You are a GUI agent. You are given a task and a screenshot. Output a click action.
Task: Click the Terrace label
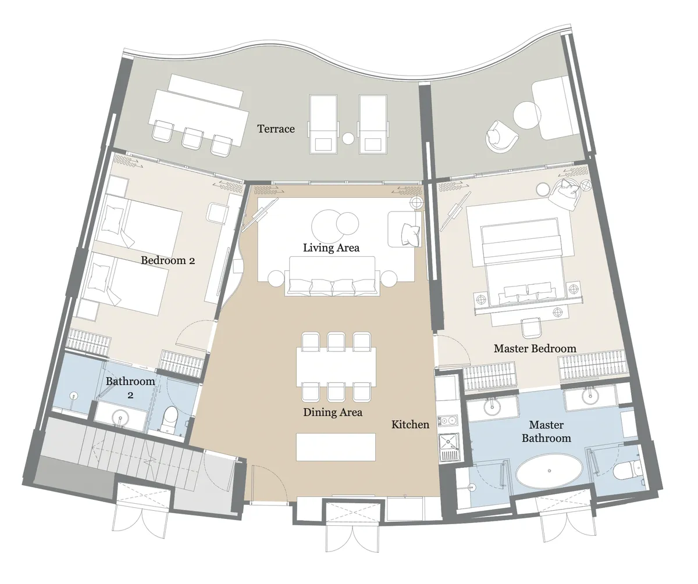(276, 128)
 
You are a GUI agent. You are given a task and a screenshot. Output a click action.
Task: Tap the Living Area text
(331, 248)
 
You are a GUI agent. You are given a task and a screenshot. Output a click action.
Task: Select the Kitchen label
(410, 425)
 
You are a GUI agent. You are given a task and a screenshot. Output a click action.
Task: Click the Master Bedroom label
(535, 349)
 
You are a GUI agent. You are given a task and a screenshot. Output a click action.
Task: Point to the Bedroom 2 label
(168, 260)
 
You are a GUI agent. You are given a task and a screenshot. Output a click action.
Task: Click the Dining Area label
(333, 412)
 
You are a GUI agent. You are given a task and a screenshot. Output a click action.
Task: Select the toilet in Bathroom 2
(170, 418)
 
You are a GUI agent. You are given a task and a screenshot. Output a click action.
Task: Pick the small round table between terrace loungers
(348, 138)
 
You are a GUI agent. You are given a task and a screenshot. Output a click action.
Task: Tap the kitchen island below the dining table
(336, 446)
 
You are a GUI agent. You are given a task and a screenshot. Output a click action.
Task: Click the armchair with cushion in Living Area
(405, 228)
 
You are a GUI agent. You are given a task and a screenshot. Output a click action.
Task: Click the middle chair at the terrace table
(192, 137)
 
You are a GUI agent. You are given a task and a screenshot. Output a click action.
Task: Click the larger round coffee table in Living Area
(326, 224)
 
